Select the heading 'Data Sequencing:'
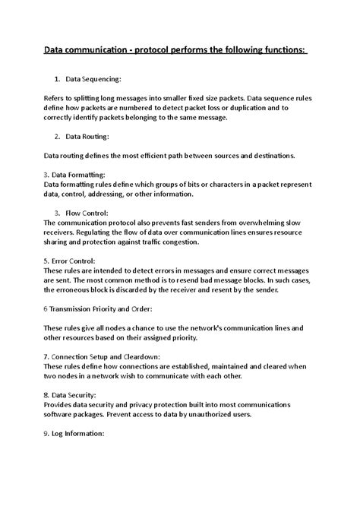click(x=93, y=79)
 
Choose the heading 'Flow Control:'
click(x=87, y=214)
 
